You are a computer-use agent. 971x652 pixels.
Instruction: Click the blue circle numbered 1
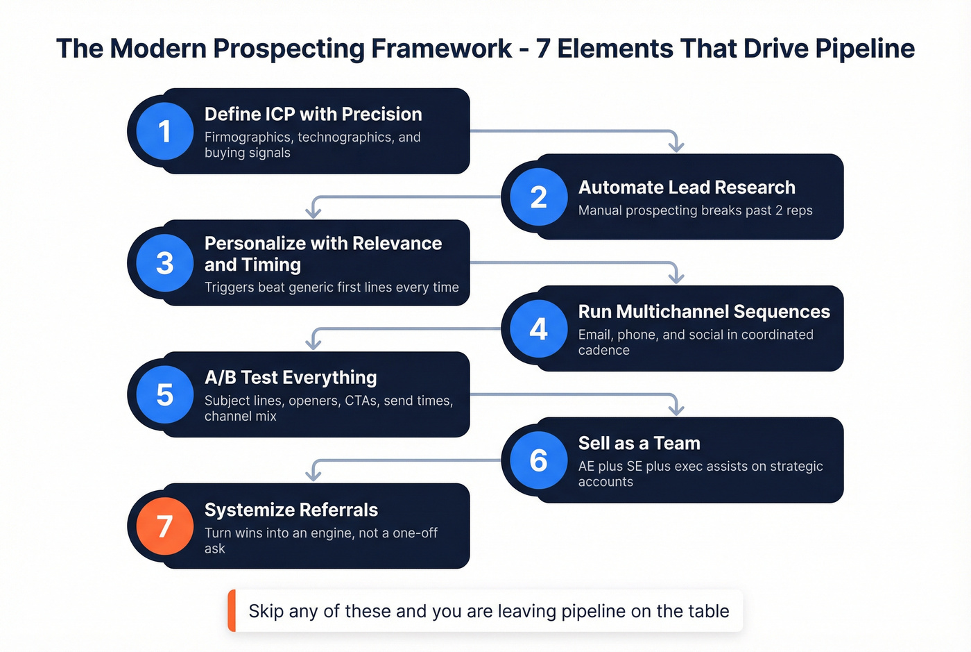(164, 131)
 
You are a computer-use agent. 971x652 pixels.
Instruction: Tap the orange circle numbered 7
(164, 526)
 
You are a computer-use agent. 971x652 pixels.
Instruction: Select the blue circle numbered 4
(538, 328)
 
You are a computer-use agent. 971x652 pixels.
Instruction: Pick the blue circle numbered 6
(538, 460)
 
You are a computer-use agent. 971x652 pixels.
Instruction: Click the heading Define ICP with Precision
(313, 114)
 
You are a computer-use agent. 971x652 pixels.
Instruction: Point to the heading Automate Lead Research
(687, 187)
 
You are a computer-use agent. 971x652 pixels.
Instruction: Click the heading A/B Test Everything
(291, 377)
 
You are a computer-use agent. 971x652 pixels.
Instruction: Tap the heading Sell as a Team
(639, 443)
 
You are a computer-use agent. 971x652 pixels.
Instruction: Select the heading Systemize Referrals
(291, 510)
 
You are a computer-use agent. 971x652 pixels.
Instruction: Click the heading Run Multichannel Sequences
(704, 311)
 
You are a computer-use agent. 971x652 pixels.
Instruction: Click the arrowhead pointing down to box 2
(676, 146)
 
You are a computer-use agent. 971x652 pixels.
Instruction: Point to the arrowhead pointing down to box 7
(313, 476)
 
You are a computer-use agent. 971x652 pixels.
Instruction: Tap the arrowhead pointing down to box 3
(313, 212)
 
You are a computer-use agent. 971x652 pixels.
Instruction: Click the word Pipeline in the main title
(864, 49)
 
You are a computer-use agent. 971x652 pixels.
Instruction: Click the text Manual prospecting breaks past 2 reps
(695, 210)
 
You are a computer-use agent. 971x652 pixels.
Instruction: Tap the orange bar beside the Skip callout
(232, 611)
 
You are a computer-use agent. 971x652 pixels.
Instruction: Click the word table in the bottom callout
(708, 611)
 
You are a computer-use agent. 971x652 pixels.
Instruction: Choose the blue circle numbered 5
(164, 394)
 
